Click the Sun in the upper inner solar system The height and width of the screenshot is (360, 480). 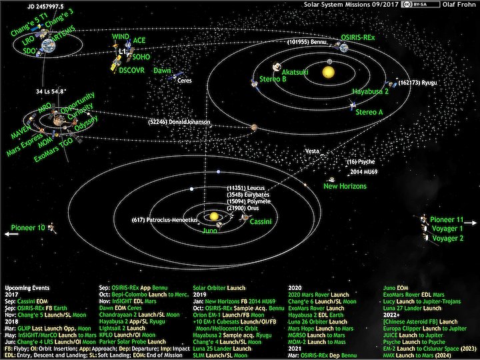[x=328, y=71]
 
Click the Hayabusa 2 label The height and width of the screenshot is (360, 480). [x=371, y=93]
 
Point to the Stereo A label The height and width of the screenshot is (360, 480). [x=369, y=112]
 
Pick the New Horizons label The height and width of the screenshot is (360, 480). [x=345, y=186]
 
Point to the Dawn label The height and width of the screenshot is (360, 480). [x=163, y=70]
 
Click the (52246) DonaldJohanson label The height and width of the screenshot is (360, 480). [x=179, y=123]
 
